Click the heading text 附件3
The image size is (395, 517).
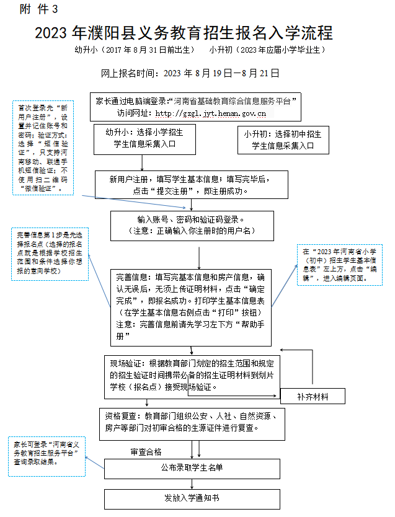40,9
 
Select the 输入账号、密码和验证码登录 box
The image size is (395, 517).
191,225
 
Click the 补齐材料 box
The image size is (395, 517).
313,396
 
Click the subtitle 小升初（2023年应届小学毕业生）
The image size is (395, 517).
267,50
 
